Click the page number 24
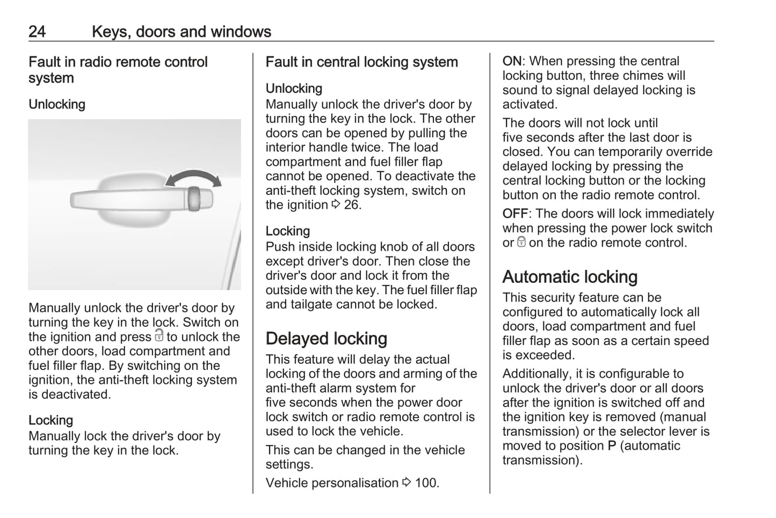pyautogui.click(x=37, y=32)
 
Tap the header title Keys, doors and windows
pyautogui.click(x=181, y=32)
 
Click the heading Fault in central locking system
pyautogui.click(x=361, y=62)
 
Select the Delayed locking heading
pyautogui.click(x=326, y=339)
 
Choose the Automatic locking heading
pyautogui.click(x=570, y=277)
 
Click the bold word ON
pyautogui.click(x=512, y=61)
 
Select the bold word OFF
pyautogui.click(x=515, y=214)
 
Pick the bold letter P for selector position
pyautogui.click(x=612, y=446)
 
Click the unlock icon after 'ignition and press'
pyautogui.click(x=158, y=336)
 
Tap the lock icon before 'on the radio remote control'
pyautogui.click(x=521, y=243)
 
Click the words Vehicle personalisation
pyautogui.click(x=332, y=483)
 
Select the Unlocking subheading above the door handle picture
pyautogui.click(x=57, y=104)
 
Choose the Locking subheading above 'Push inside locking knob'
pyautogui.click(x=287, y=231)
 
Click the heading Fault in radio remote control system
pyautogui.click(x=118, y=70)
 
